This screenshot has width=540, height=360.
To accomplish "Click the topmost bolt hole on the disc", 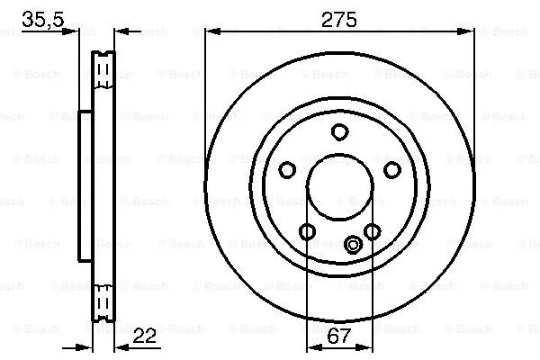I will point(339,132).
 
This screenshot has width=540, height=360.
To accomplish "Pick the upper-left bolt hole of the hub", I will point(287,169).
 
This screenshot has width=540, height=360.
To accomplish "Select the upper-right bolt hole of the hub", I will point(391,169).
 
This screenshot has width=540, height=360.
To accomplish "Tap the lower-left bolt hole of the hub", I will point(307,233).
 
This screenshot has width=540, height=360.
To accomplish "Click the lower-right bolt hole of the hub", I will point(372,233).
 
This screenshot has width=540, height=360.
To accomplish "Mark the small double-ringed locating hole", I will point(353,243).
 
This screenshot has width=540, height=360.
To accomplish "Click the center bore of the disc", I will point(339,189).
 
